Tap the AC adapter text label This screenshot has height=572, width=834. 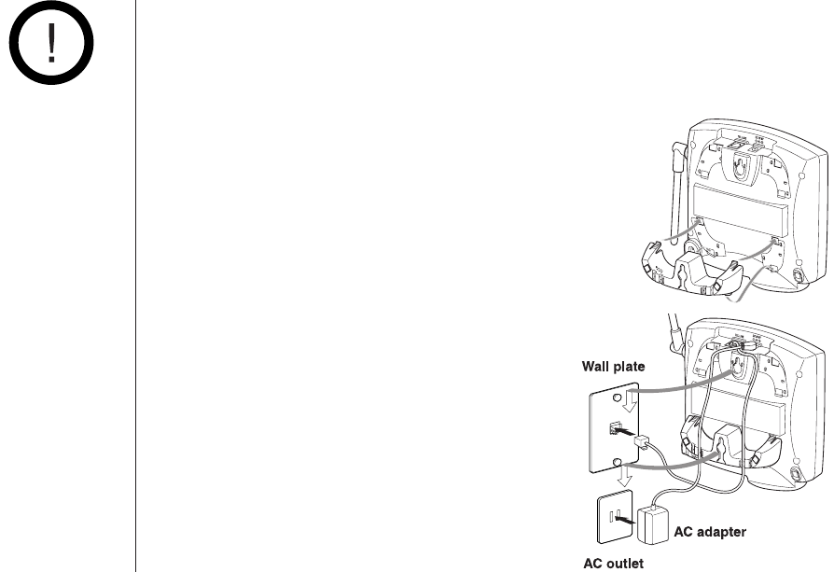click(709, 532)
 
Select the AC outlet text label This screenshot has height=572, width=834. click(613, 563)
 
